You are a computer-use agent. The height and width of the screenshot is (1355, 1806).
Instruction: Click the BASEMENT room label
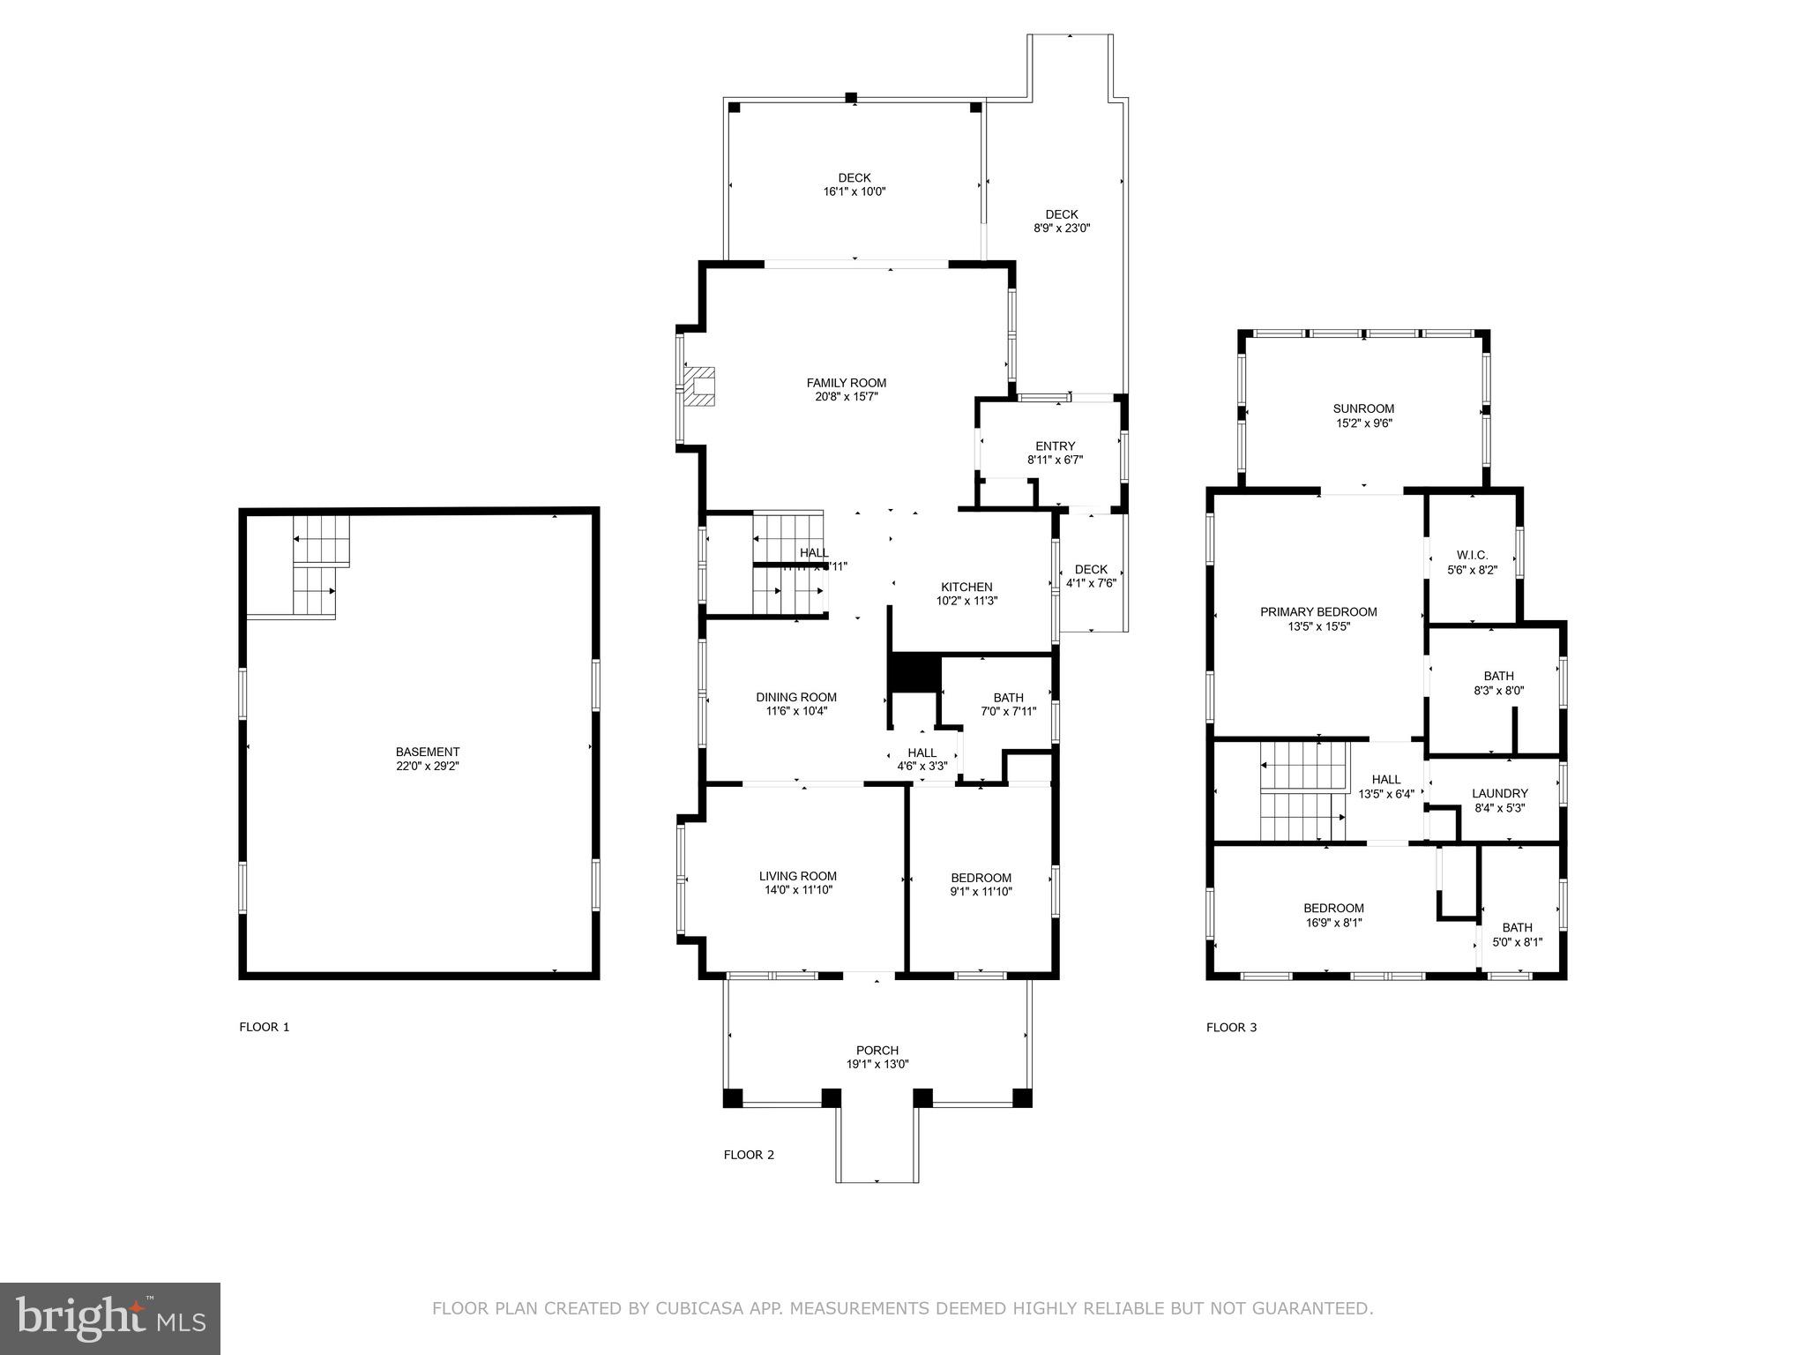coord(427,752)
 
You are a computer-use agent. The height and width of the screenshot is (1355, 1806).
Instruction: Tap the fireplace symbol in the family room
coord(702,386)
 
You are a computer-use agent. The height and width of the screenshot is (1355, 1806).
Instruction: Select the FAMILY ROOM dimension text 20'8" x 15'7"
coord(846,397)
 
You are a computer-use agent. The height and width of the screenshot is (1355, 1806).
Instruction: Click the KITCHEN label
coord(966,587)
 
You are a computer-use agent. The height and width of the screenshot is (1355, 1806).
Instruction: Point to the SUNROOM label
coord(1363,408)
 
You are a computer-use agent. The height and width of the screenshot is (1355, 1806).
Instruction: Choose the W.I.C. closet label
coord(1472,555)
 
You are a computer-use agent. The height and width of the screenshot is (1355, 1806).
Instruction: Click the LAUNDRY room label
coord(1499,793)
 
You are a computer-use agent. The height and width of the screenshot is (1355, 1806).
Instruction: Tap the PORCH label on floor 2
coord(877,1050)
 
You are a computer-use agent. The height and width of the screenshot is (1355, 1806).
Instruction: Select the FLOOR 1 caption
coord(265,1027)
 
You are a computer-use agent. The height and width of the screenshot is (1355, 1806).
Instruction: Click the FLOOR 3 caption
coord(1231,1027)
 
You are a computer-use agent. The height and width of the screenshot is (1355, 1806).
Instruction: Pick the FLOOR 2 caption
coord(749,1155)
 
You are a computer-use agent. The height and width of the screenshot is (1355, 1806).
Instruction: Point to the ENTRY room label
coord(1055,445)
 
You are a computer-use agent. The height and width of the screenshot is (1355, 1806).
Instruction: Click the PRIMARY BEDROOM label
coord(1318,611)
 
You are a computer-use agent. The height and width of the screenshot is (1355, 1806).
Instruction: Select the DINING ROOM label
coord(796,697)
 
